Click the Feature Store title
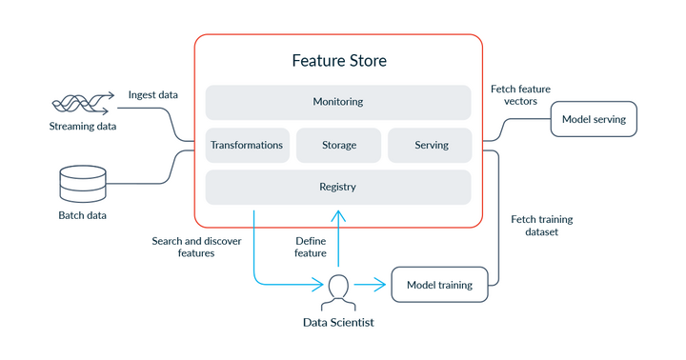338,61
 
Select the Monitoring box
338,102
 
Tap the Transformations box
247,145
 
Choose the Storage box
338,145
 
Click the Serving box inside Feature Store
431,145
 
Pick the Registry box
338,187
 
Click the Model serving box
594,120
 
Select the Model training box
439,284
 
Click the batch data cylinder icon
82,183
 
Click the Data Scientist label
338,323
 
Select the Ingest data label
153,94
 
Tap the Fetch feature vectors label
520,94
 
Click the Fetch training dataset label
541,225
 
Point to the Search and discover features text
196,247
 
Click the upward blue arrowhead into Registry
338,215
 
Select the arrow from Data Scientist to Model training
373,284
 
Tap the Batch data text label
82,214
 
